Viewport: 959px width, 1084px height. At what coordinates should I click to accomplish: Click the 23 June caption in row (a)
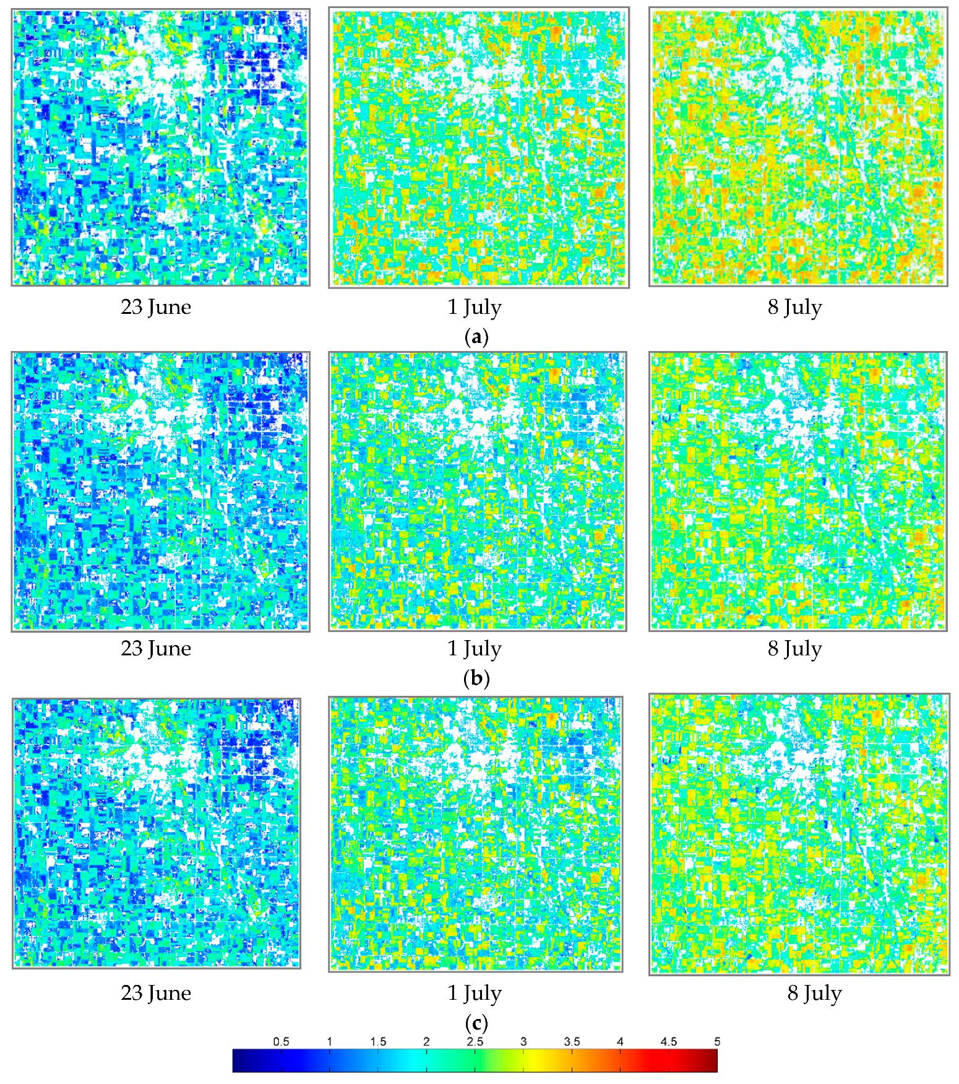[x=156, y=307]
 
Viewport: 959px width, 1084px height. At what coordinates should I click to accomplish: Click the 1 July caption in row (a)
[x=475, y=307]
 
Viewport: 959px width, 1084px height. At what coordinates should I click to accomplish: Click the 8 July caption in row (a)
[x=795, y=307]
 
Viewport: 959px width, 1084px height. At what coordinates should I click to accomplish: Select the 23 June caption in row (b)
[x=156, y=648]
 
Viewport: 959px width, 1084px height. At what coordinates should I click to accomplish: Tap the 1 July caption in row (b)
[x=475, y=648]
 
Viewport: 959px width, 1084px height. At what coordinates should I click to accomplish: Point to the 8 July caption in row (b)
[x=795, y=648]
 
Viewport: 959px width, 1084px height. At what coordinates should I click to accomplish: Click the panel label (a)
[x=476, y=337]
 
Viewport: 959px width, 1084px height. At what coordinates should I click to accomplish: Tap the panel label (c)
[x=476, y=1022]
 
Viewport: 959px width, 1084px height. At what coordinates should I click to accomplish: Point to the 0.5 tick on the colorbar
[x=281, y=1041]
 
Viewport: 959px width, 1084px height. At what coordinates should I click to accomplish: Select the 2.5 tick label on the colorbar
[x=475, y=1041]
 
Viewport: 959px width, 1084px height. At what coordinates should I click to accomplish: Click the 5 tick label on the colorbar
[x=717, y=1041]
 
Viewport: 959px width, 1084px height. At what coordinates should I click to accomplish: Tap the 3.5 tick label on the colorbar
[x=572, y=1041]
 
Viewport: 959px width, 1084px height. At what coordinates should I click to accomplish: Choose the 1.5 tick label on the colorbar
[x=378, y=1041]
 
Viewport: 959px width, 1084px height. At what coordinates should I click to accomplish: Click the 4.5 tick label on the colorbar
[x=669, y=1041]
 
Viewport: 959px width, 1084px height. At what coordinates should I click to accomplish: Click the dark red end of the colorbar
[x=712, y=1060]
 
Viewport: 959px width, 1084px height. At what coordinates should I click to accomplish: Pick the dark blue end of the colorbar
[x=239, y=1060]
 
